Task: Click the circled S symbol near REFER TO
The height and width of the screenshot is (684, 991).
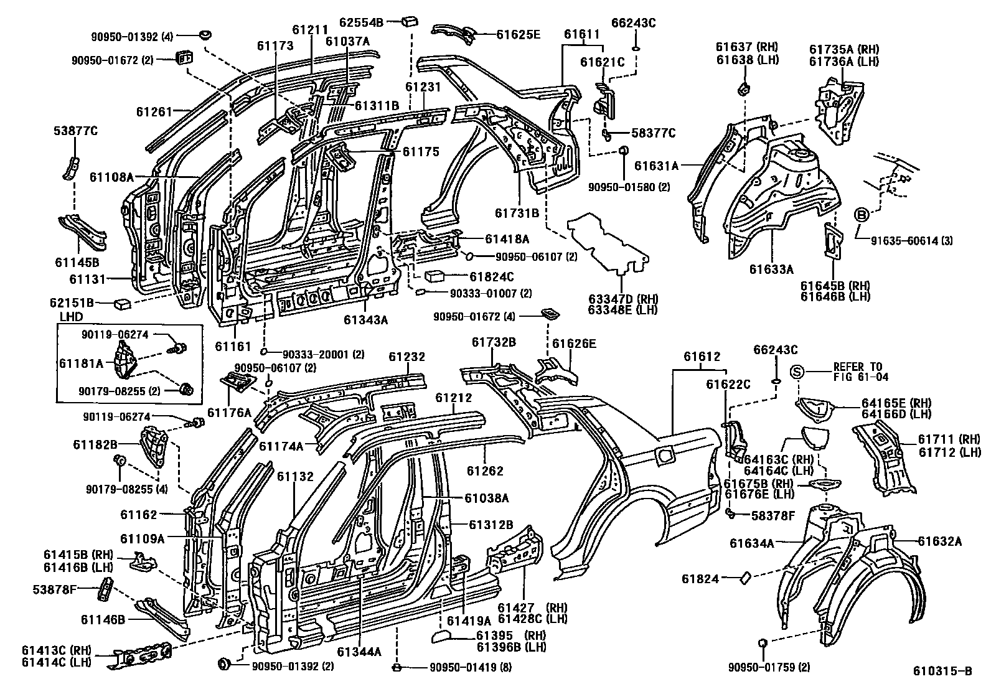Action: tap(799, 372)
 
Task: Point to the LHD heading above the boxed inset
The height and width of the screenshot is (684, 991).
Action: tap(70, 317)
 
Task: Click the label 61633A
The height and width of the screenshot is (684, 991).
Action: tap(771, 269)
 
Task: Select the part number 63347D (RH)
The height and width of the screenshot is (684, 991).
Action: tap(623, 298)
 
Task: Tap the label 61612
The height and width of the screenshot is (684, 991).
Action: tap(702, 357)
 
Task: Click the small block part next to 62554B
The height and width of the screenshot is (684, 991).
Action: tap(410, 21)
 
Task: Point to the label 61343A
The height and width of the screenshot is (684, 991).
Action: tap(365, 320)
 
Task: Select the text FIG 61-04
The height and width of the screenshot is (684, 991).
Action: tap(860, 377)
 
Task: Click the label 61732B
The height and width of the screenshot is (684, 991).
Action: tap(494, 342)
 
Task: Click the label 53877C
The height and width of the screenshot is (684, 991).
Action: tap(75, 131)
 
